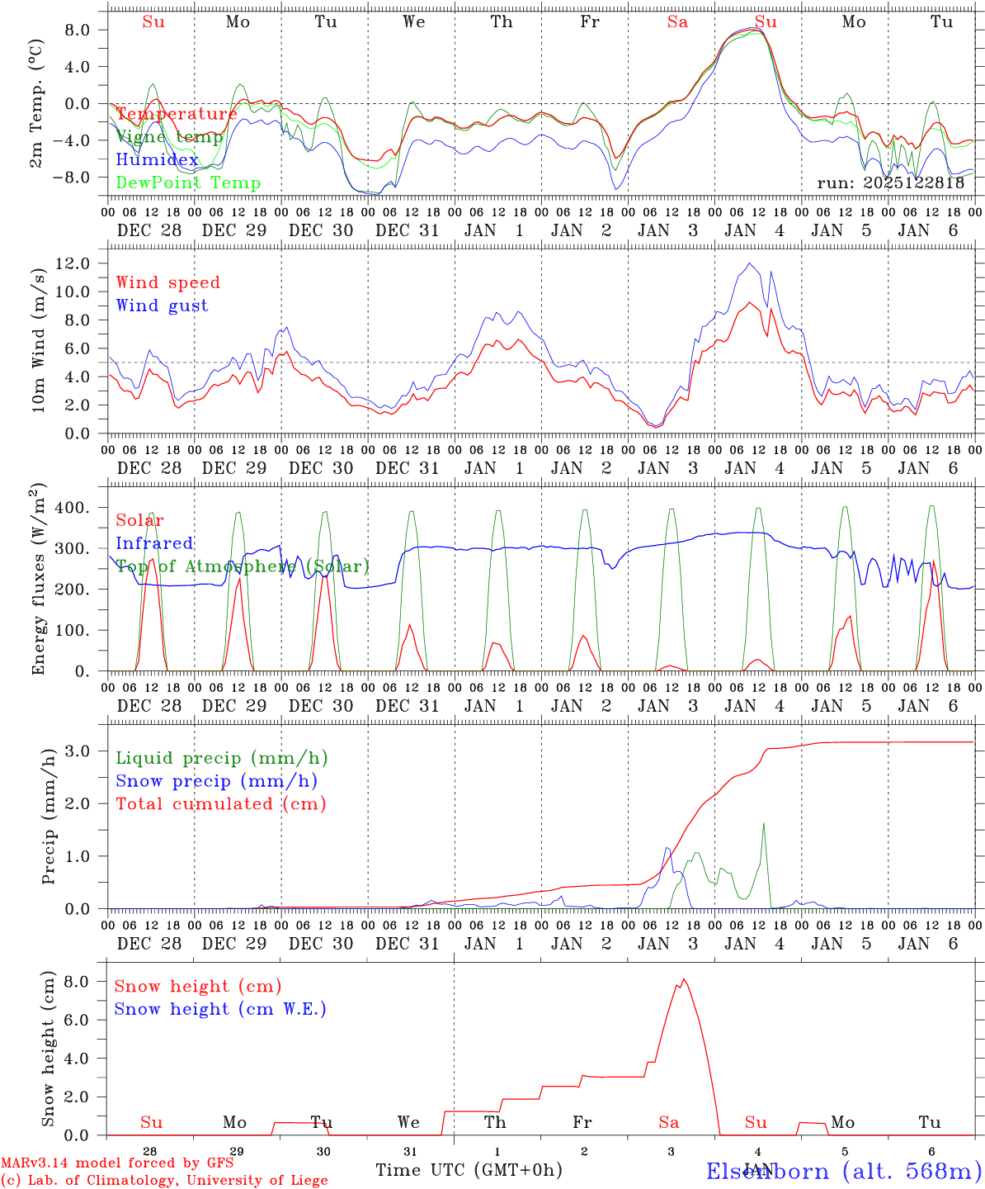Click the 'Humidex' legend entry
pos(157,160)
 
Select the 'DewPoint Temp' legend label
pos(188,183)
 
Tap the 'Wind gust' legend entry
pos(162,306)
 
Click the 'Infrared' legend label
pos(154,543)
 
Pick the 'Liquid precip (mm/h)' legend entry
pos(221,758)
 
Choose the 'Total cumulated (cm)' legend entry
pos(220,804)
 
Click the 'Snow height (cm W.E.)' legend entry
pos(219,1009)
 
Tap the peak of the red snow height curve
pos(683,979)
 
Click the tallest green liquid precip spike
pos(764,823)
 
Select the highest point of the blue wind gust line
pos(749,263)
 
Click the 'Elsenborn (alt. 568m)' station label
pos(843,1171)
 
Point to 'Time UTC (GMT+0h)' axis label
pos(469,1170)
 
